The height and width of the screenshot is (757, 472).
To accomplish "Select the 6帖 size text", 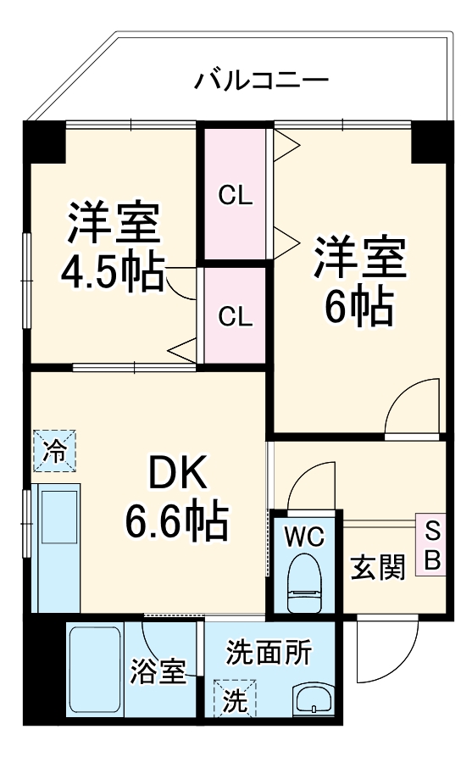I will click(x=359, y=306).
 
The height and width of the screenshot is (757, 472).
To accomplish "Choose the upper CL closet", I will click(x=235, y=195).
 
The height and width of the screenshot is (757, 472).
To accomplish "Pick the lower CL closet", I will click(x=235, y=316).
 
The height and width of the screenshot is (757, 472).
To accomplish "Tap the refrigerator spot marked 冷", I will click(x=54, y=450).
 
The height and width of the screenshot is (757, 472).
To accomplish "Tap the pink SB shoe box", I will click(x=431, y=545).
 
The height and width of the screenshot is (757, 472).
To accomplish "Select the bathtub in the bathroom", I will click(x=95, y=669).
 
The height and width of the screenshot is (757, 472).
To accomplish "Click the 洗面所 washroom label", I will click(x=268, y=654).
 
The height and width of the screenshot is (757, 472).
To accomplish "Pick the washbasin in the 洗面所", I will click(x=314, y=700).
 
